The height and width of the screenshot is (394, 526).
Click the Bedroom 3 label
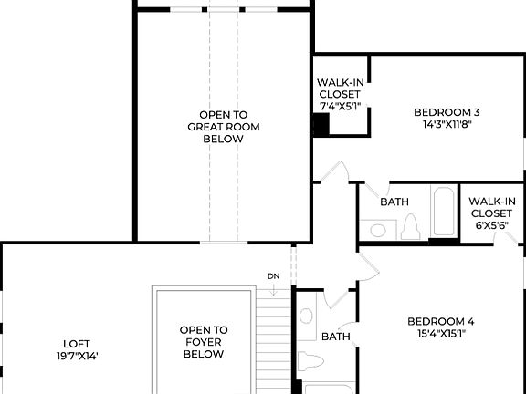coord(447,113)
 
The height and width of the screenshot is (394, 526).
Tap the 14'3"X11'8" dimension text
coord(447,126)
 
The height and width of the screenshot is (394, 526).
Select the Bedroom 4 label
coord(440,321)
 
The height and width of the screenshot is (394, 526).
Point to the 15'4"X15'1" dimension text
coord(440,334)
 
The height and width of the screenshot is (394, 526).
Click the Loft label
coord(77,344)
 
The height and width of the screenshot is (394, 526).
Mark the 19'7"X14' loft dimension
coord(77,357)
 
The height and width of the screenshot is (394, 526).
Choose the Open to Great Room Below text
coord(216,127)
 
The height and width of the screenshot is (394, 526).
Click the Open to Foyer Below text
coord(203,341)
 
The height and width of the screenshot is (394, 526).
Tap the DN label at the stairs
coord(273,275)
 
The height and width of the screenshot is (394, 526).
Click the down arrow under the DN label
coord(273,289)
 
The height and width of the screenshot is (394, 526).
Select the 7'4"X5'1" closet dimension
coord(340,106)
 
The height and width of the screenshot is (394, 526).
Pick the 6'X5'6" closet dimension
coord(492,225)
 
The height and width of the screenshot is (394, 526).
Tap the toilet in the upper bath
coord(409,226)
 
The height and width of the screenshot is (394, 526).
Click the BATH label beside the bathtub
coord(394,202)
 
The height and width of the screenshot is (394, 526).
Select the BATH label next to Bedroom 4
coord(335,337)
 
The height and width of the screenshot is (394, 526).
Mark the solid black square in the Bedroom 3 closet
coord(321,126)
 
